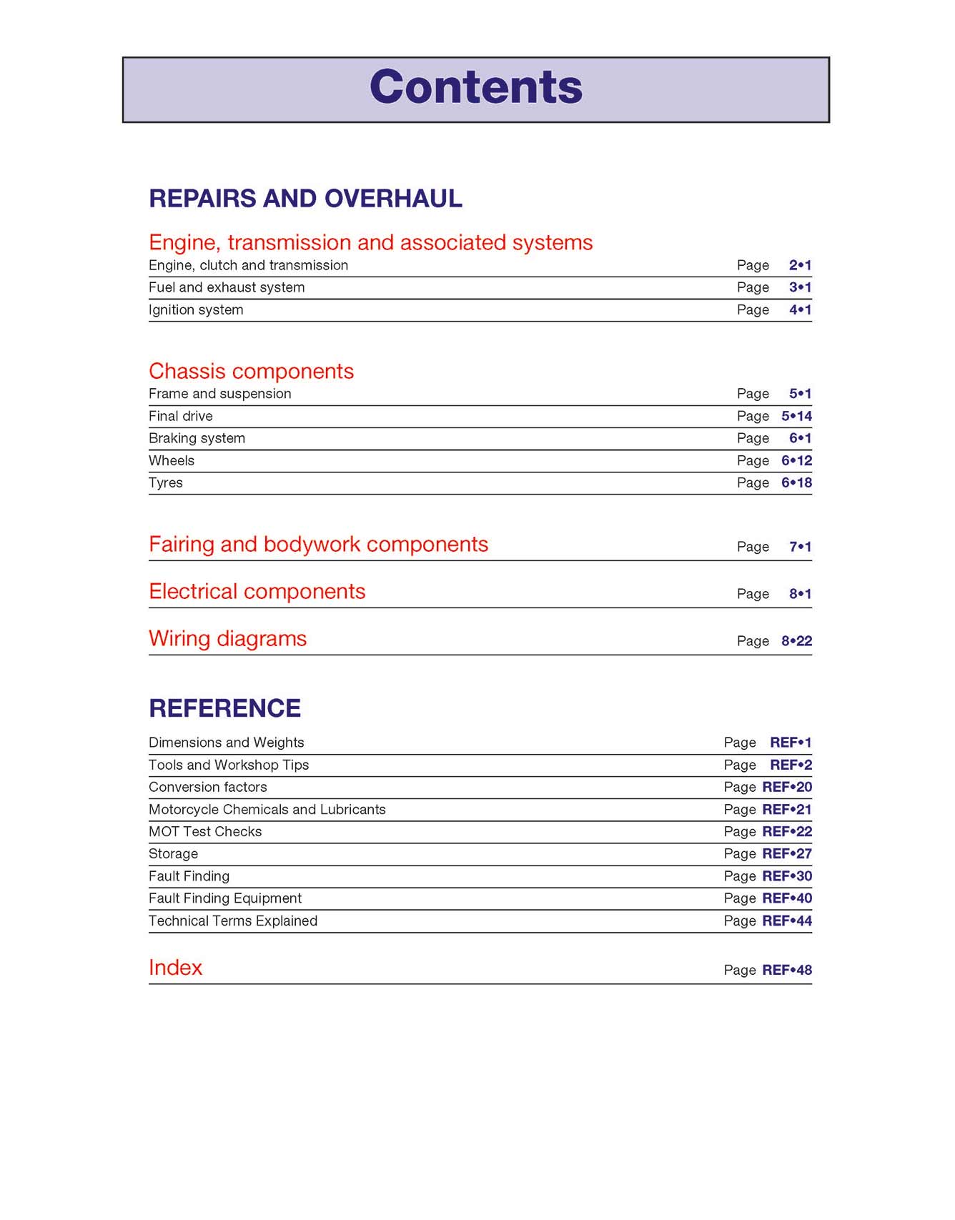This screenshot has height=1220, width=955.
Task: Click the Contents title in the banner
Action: point(476,87)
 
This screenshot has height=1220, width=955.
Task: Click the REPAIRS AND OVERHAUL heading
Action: point(305,198)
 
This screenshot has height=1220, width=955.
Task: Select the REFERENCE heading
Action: point(224,708)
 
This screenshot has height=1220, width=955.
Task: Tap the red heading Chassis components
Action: point(251,371)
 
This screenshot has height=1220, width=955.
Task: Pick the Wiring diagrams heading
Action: point(227,638)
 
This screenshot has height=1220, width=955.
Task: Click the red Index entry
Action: point(175,967)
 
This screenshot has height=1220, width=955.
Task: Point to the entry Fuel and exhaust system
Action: point(227,287)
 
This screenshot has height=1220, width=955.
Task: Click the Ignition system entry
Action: point(196,309)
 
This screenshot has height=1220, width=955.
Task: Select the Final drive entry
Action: point(180,416)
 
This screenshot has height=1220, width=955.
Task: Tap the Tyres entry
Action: point(166,482)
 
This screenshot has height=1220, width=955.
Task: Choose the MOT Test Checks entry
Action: point(205,831)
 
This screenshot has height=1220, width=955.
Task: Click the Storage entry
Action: point(173,853)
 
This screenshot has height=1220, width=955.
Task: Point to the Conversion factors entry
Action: point(207,787)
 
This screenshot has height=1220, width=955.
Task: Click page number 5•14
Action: point(796,416)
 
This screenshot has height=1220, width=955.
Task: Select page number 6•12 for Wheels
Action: point(796,460)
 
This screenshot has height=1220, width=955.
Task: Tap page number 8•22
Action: point(796,641)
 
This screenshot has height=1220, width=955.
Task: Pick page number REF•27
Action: point(787,853)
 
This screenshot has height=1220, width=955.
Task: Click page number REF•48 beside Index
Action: point(787,970)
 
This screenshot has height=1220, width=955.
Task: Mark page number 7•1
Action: point(800,547)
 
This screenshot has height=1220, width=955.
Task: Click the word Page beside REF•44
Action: point(740,921)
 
